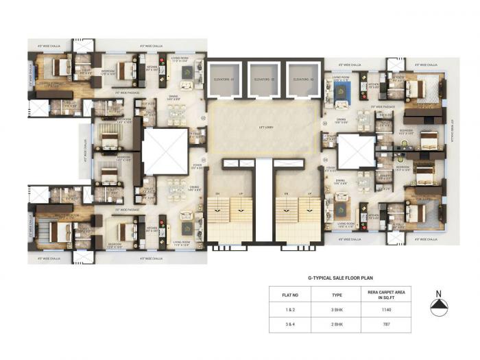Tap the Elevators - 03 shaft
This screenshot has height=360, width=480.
(304, 79)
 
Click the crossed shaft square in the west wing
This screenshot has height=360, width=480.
(165, 152)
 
